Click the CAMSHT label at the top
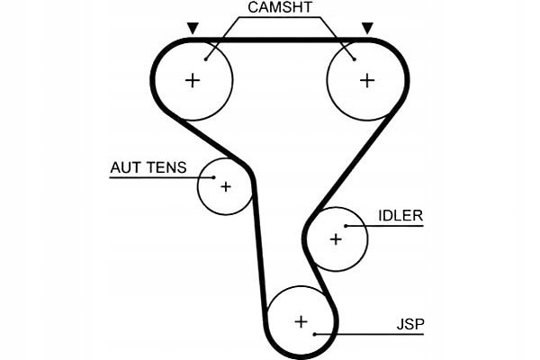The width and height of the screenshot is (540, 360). [279, 8]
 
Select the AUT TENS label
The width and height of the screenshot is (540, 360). [148, 167]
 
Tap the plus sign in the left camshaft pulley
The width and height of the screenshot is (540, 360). [192, 80]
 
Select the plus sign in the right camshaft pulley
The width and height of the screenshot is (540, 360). [366, 80]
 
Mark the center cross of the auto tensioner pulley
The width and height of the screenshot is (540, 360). [225, 187]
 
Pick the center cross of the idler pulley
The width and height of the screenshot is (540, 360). [336, 239]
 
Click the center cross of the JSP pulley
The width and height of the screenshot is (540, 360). [301, 320]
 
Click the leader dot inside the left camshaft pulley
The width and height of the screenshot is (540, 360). [206, 59]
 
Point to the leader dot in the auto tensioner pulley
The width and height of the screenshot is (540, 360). [212, 177]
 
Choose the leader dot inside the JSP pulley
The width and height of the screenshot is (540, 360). [314, 334]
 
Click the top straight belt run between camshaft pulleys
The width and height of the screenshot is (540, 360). [279, 40]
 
